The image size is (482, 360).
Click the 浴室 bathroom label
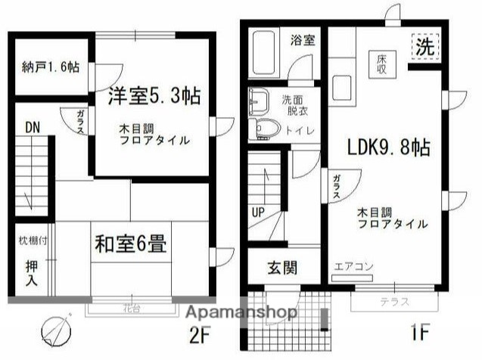point(304,40)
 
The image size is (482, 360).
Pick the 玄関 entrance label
point(281,267)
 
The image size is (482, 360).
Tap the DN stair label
point(32,127)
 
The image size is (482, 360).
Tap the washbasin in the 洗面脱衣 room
point(259,99)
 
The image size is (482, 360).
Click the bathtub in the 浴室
point(263,51)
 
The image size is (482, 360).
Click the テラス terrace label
point(393,302)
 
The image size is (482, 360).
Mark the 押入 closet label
point(32,272)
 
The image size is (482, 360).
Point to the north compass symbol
point(56,328)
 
